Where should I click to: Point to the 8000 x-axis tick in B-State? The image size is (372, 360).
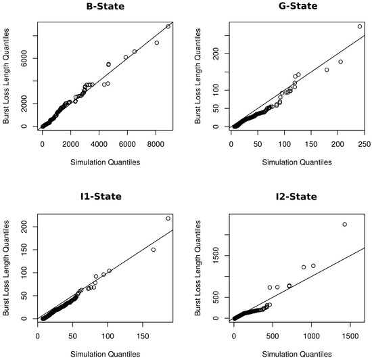(x=156, y=143)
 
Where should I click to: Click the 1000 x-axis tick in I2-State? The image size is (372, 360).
(x=312, y=336)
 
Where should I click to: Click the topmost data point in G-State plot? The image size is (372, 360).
(x=360, y=26)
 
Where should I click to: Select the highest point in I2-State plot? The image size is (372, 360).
(x=344, y=224)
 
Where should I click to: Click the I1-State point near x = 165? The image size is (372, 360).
(x=154, y=250)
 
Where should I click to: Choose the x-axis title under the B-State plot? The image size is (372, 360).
(x=103, y=162)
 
